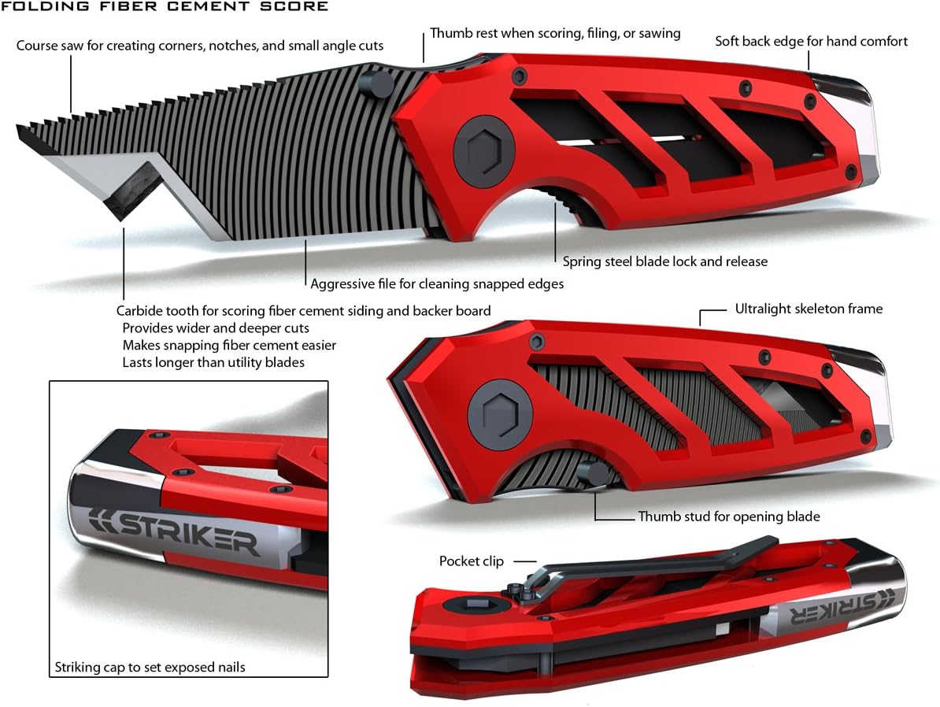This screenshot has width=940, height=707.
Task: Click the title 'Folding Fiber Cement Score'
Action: tap(164, 7)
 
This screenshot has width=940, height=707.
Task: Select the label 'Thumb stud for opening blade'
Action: tap(729, 517)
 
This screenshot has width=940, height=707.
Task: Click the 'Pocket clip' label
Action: tap(471, 561)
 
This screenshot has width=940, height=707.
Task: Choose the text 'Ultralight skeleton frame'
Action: tap(809, 309)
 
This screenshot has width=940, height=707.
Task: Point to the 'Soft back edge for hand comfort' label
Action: tap(811, 41)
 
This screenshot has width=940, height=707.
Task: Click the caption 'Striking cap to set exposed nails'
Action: tap(150, 668)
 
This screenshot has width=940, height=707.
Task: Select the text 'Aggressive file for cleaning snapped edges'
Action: tap(437, 283)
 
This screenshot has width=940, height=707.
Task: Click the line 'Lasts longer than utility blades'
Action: tap(213, 362)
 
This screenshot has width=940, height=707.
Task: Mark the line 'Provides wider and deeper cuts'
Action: tap(216, 328)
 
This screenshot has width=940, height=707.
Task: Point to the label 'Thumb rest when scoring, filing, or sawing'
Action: tap(555, 34)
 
